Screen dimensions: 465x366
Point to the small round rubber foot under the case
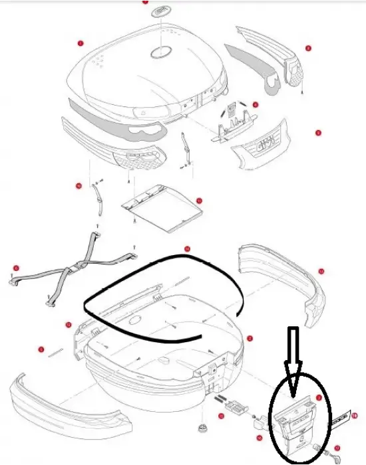[x=200, y=424]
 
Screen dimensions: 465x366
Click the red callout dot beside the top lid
[x=81, y=43]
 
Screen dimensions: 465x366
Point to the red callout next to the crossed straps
[x=15, y=268]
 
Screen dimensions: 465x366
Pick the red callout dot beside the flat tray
[x=199, y=199]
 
